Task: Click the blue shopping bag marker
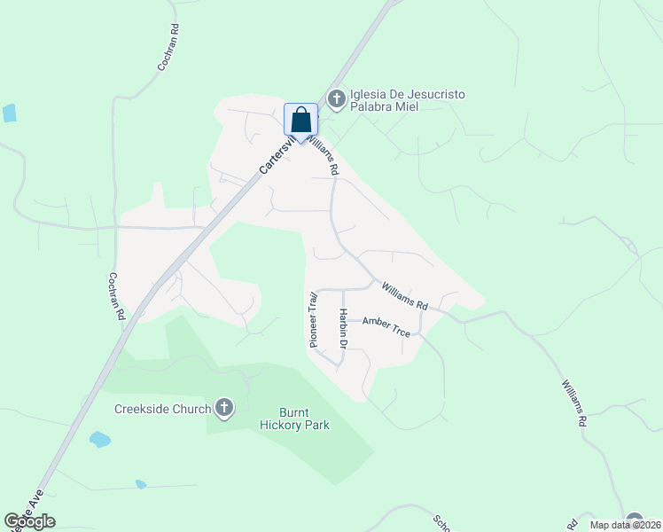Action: [x=300, y=121]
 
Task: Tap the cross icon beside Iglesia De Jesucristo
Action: [x=336, y=98]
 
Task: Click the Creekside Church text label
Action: [x=162, y=409]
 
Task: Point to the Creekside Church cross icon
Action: [x=224, y=408]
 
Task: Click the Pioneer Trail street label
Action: [x=312, y=314]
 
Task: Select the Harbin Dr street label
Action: [x=342, y=328]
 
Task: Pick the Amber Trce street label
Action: [x=386, y=326]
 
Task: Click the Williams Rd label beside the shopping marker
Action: [x=323, y=153]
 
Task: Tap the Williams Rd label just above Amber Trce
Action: [x=405, y=296]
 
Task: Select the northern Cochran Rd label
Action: [x=168, y=48]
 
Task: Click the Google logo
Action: [x=29, y=521]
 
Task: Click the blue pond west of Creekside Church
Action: [x=100, y=439]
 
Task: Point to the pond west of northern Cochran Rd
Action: [x=10, y=113]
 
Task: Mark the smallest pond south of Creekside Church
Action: [x=141, y=484]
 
